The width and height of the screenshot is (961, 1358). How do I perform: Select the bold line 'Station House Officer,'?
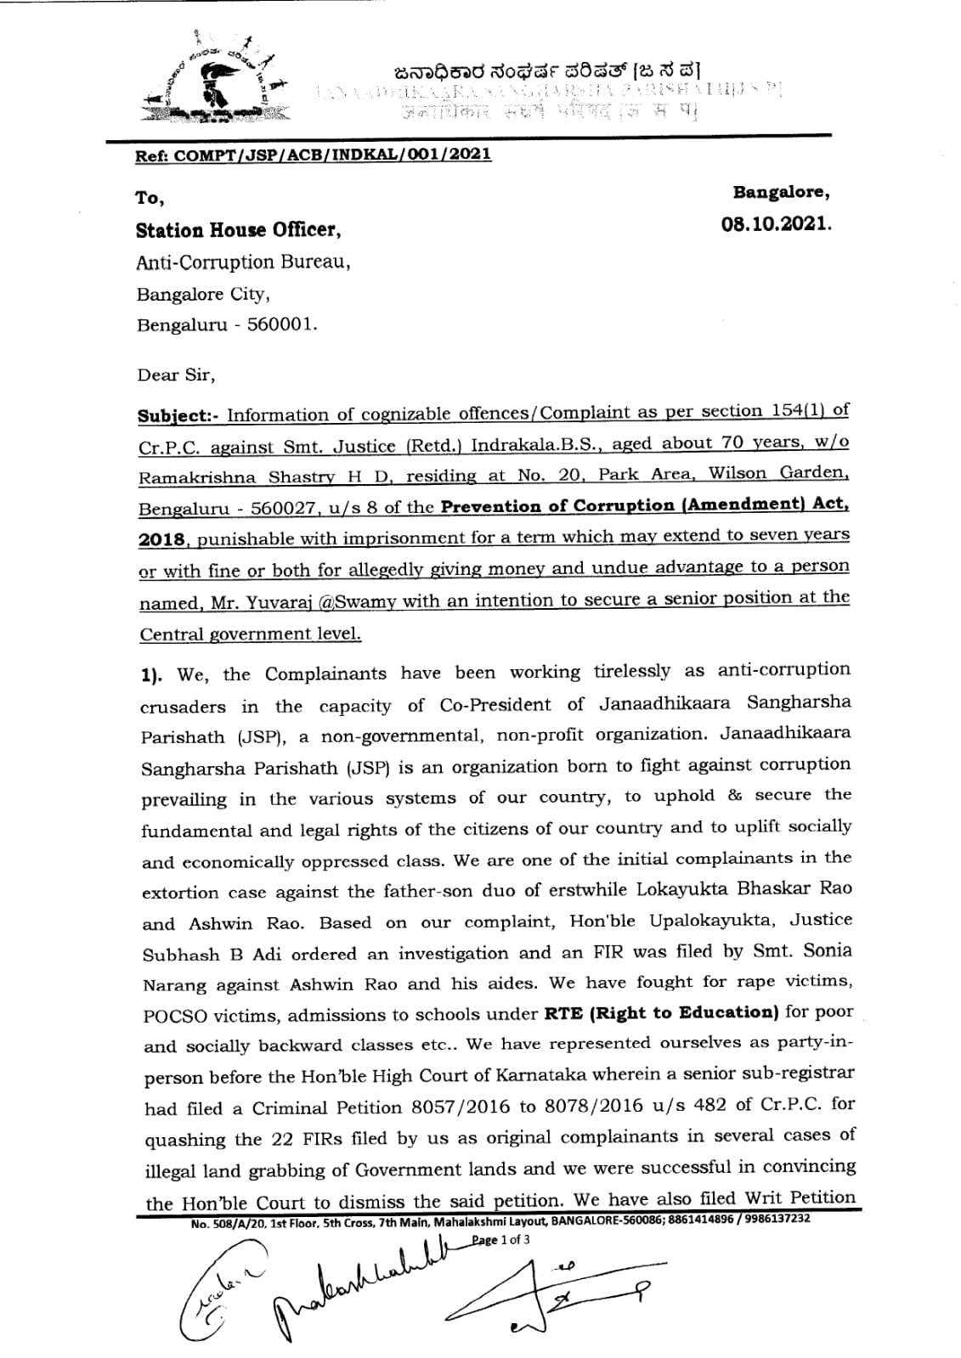click(239, 230)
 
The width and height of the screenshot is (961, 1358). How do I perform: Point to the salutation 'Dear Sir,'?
click(171, 374)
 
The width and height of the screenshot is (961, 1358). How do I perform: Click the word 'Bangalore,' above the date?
click(782, 193)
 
